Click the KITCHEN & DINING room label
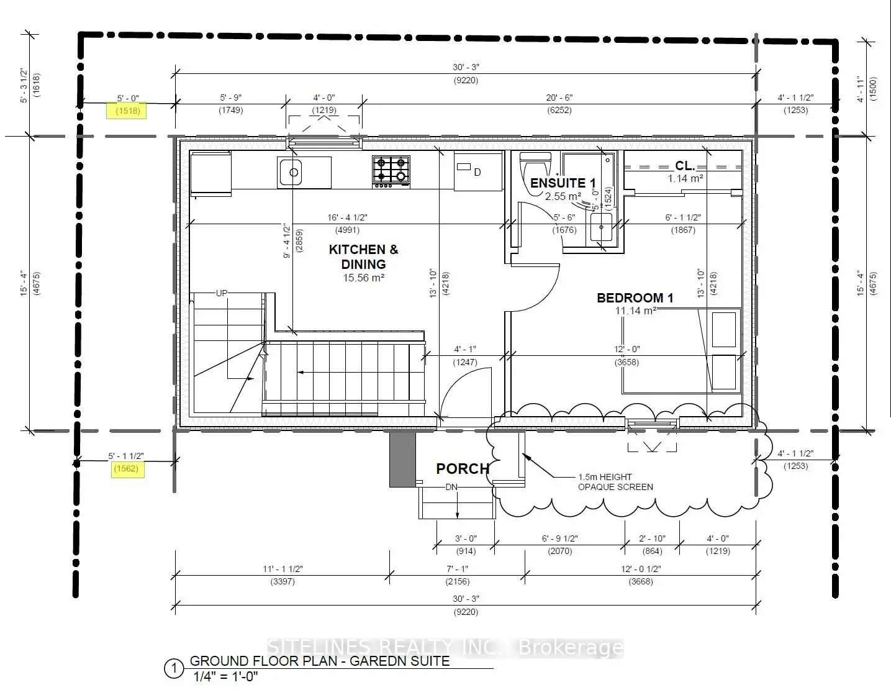363,256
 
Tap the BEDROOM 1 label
635,298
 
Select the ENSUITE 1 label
563,183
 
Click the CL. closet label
685,166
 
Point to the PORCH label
463,469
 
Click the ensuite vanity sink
600,228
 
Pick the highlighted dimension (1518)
126,111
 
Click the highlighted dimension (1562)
126,469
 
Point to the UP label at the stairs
222,293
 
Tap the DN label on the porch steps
451,488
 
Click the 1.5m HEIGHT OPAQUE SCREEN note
615,482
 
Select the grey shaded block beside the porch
402,459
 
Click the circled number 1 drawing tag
174,669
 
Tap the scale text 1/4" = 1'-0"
225,677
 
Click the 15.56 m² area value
363,278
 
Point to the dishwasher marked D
477,171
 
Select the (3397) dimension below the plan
283,582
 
